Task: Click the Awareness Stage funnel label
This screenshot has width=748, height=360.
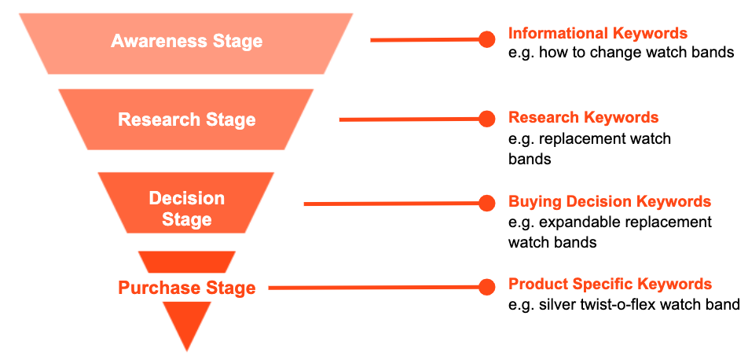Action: [x=186, y=41]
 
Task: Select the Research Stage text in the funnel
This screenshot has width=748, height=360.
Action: [x=186, y=119]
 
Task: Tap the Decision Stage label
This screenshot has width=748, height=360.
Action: [x=186, y=208]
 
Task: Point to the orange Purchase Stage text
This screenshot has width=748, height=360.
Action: [x=186, y=288]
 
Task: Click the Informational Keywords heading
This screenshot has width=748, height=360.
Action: [x=598, y=34]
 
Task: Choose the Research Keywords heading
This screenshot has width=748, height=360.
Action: [x=584, y=117]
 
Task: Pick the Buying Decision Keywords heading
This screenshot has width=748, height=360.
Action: [x=610, y=201]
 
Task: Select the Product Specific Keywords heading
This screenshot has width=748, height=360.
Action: [x=610, y=285]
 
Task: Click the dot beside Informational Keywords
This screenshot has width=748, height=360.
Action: [x=486, y=39]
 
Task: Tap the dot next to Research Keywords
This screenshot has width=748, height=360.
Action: [x=486, y=119]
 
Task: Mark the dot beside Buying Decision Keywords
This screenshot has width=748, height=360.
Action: [x=486, y=204]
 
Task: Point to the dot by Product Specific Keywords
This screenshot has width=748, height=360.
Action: [x=486, y=288]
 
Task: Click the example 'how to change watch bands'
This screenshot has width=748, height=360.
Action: [x=637, y=52]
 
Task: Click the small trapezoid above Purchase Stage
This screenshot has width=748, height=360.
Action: [x=187, y=262]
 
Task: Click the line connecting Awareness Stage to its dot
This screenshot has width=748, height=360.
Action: [x=425, y=40]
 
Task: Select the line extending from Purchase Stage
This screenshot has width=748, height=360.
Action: [x=374, y=288]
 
